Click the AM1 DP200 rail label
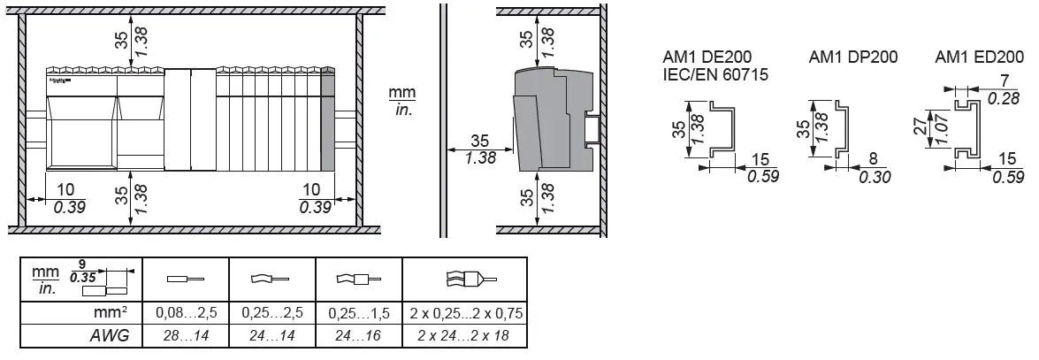853,57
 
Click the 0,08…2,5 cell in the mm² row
186,314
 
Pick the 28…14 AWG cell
186,336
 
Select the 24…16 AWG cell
359,336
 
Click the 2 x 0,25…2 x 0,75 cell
464,314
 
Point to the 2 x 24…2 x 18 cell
464,336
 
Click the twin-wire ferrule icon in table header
464,279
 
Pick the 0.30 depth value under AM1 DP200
874,177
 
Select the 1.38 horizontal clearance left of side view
480,158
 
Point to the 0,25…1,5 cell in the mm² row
359,314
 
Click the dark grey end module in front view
327,119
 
